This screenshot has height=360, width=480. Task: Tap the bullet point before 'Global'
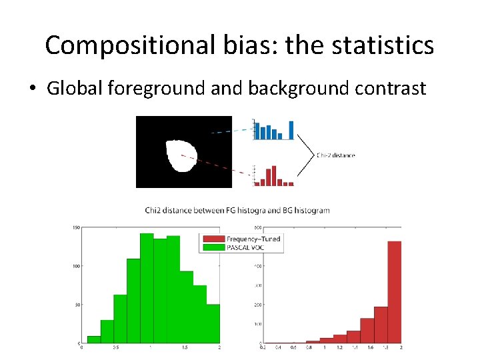(x=34, y=89)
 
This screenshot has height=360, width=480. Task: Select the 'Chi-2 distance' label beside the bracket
(x=335, y=155)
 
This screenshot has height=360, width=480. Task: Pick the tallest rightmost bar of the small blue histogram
(x=291, y=130)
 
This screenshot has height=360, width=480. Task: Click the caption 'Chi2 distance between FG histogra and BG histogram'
(x=237, y=210)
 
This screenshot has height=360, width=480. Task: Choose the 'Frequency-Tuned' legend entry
(x=253, y=239)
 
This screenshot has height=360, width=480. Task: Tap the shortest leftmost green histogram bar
(x=94, y=339)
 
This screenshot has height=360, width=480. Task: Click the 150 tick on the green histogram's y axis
(x=76, y=228)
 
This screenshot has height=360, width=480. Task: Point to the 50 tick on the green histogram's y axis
(x=77, y=305)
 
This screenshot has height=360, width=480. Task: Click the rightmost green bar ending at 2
(x=213, y=323)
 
